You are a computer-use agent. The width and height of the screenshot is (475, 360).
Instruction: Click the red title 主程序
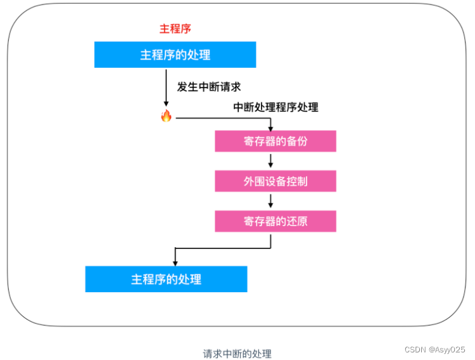175,29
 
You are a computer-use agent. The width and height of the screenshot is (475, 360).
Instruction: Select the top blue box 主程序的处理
175,55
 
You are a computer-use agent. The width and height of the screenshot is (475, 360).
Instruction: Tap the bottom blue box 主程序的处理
166,279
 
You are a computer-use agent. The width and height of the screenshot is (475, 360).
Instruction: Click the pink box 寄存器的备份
275,141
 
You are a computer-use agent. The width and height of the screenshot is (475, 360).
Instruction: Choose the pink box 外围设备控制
275,181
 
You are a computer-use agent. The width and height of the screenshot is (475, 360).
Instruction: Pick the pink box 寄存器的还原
275,221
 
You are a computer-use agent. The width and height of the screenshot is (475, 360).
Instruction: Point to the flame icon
166,116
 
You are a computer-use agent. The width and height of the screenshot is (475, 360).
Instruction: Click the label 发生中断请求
208,87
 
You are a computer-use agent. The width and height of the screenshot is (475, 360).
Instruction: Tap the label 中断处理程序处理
275,107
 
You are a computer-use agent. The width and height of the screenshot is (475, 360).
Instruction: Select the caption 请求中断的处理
237,353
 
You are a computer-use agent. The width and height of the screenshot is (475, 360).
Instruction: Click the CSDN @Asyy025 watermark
434,349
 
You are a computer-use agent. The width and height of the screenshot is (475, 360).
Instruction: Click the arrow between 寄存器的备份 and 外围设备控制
271,161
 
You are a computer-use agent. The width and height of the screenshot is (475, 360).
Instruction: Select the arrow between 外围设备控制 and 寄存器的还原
271,201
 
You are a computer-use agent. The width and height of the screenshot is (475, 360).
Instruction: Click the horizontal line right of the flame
222,117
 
